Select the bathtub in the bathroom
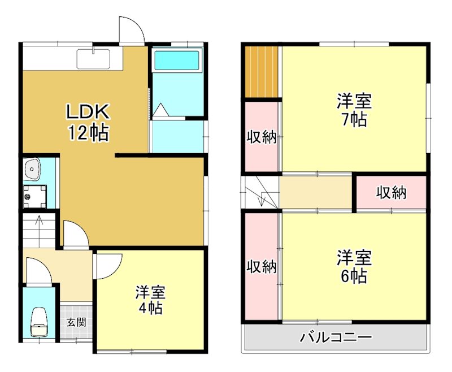point(177,60)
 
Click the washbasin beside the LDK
point(32,168)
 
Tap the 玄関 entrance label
point(76,323)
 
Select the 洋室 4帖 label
point(150,300)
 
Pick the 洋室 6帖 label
point(354,266)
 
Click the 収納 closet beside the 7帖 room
point(262,136)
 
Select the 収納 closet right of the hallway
point(391,193)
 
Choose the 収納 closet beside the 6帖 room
point(262,266)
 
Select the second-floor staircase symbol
point(261,192)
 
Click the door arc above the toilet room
point(38,270)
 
